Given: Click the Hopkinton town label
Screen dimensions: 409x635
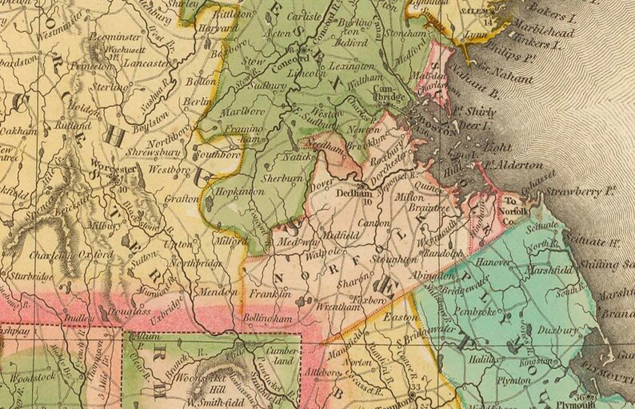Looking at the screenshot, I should [232, 193].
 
